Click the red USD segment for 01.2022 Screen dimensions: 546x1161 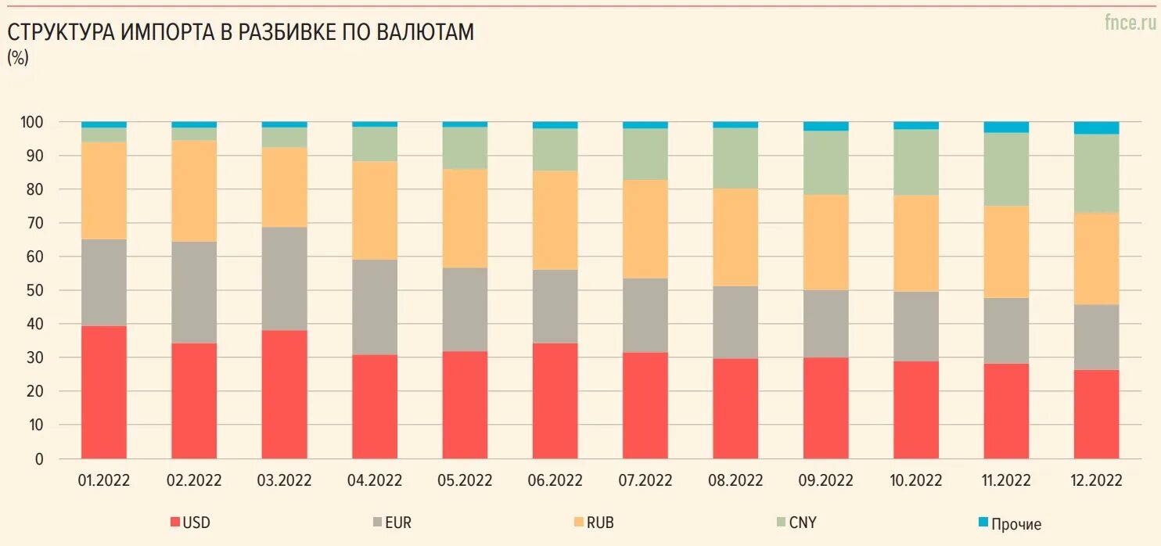(104, 392)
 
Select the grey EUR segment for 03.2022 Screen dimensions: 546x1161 (285, 278)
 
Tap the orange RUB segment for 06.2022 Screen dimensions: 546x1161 (555, 221)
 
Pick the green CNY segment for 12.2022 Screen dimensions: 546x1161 (1096, 174)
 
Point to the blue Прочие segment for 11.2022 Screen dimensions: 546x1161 (1006, 128)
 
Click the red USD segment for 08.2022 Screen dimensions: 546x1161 (736, 408)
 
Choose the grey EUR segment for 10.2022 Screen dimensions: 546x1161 (916, 326)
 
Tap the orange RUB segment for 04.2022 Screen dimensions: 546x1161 (375, 210)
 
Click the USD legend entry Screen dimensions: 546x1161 (190, 523)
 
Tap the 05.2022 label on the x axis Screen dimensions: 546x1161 (465, 480)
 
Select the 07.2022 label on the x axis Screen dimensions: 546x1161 (645, 480)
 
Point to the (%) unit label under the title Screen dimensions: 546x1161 (17, 57)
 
